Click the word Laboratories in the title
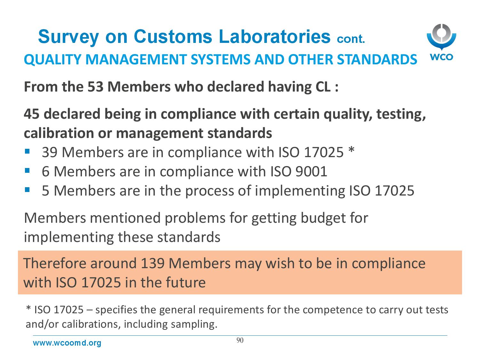275,36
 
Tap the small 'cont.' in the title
351,39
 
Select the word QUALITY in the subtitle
52,60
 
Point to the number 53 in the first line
95,87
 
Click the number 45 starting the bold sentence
31,114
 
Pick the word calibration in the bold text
59,133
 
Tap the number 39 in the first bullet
50,152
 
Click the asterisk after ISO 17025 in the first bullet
351,150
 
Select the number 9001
311,172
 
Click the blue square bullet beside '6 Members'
27,170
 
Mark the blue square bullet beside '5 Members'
27,189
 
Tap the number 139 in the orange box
153,263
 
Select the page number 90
240,340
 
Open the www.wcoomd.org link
67,343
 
